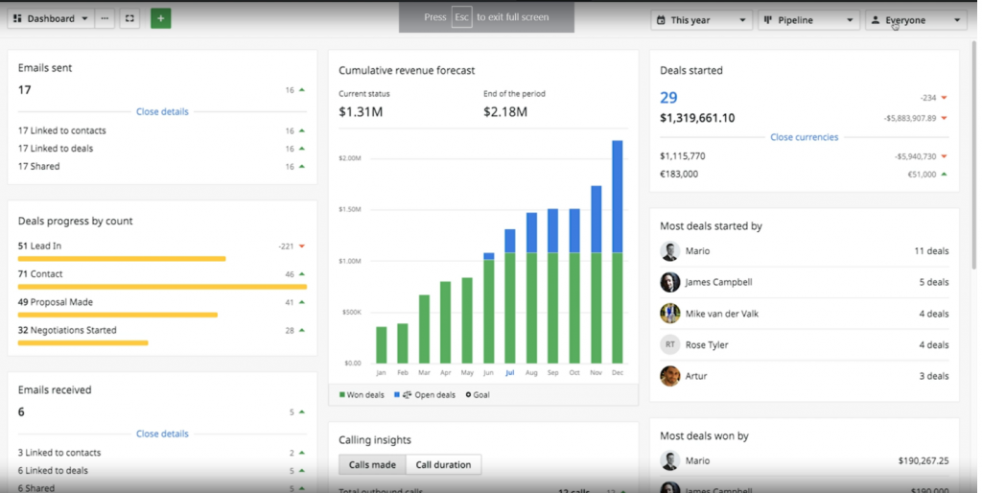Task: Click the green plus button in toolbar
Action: coord(160,18)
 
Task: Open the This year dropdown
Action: coord(701,19)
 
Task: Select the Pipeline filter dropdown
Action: coord(807,19)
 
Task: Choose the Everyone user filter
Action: coord(915,19)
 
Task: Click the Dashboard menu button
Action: coord(51,18)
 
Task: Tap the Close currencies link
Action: coord(804,137)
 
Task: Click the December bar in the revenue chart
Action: coord(617,253)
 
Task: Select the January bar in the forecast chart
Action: coord(382,344)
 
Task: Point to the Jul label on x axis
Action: coord(509,372)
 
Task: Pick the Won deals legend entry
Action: coord(362,394)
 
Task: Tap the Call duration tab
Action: coord(443,465)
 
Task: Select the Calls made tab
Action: coord(372,465)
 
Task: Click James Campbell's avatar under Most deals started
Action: coord(670,282)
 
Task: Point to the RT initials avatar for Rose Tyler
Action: coord(670,344)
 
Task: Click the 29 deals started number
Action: coord(668,98)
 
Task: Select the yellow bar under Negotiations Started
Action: coord(83,342)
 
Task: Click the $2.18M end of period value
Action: coord(505,112)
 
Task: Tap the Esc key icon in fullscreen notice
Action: coord(461,17)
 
